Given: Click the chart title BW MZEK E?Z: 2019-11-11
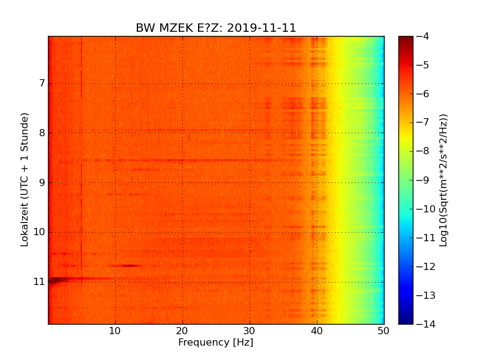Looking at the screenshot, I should [x=216, y=28].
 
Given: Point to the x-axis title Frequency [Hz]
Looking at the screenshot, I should [x=215, y=343].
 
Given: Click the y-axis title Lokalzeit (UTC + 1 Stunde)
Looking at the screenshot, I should [x=25, y=180].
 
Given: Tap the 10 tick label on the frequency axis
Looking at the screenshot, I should [x=115, y=331].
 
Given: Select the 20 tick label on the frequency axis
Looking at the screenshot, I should [x=182, y=331].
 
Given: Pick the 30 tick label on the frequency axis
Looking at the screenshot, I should [x=250, y=331].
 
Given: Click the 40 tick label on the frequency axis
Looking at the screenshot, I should [x=317, y=331].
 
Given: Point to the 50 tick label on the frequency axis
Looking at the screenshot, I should [x=383, y=331].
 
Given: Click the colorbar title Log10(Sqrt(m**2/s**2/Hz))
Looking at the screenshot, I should [x=444, y=180].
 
